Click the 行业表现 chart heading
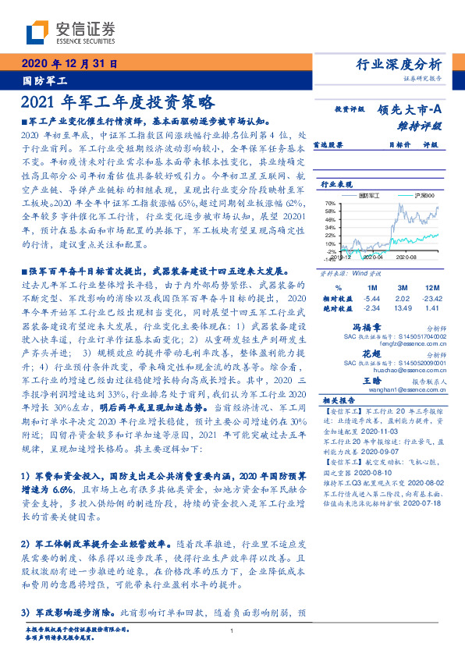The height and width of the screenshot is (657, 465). coord(338,185)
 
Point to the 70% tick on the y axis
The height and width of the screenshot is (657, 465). coord(329,203)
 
